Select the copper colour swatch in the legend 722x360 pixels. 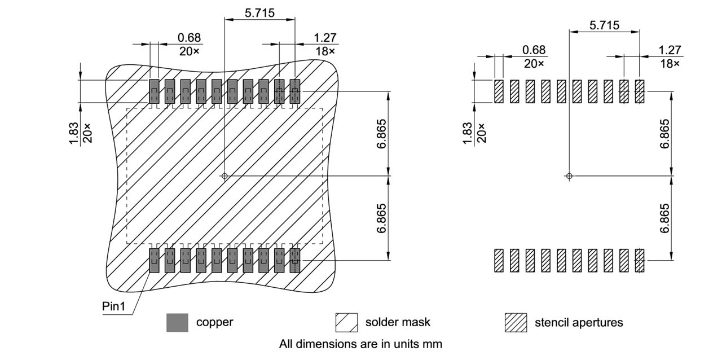pyautogui.click(x=177, y=323)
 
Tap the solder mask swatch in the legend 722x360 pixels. pyautogui.click(x=346, y=323)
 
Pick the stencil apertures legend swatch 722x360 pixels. pyautogui.click(x=515, y=323)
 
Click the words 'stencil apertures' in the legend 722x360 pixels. pyautogui.click(x=579, y=323)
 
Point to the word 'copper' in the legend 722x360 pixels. pyautogui.click(x=214, y=323)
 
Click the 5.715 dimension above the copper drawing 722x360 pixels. pyautogui.click(x=259, y=12)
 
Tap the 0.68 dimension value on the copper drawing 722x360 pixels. pyautogui.click(x=189, y=37)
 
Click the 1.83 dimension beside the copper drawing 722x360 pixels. pyautogui.click(x=74, y=133)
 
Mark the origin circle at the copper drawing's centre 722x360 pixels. pyautogui.click(x=224, y=176)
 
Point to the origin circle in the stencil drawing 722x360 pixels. pyautogui.click(x=569, y=176)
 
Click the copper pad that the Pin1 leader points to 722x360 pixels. pyautogui.click(x=154, y=260)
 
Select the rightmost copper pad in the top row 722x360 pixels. pyautogui.click(x=295, y=91)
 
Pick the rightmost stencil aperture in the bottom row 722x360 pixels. pyautogui.click(x=640, y=261)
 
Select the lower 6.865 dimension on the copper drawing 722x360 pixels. pyautogui.click(x=382, y=218)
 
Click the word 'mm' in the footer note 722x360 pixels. pyautogui.click(x=434, y=344)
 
